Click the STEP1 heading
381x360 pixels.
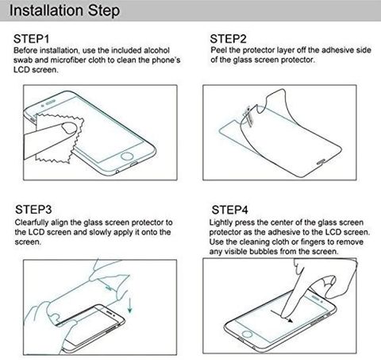[31, 39]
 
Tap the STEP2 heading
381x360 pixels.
[228, 39]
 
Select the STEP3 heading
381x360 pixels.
[33, 210]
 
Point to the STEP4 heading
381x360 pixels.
[229, 210]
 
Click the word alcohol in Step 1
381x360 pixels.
[156, 50]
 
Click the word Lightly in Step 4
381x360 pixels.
[221, 223]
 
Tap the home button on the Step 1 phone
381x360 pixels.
[127, 156]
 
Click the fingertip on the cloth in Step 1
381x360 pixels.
[69, 127]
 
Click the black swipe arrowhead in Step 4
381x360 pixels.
[291, 321]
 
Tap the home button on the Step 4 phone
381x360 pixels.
[247, 334]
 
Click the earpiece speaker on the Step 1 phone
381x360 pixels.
[51, 102]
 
